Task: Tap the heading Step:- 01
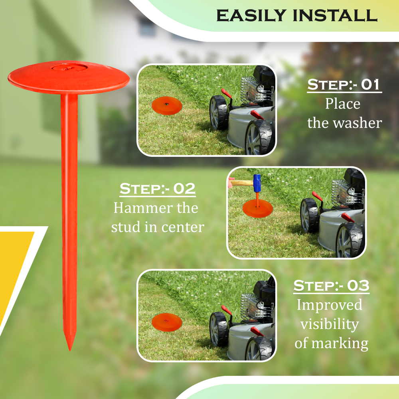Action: click(344, 85)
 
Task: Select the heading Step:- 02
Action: click(158, 189)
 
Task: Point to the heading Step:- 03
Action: click(331, 286)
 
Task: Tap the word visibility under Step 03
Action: click(330, 324)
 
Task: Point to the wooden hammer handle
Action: click(241, 183)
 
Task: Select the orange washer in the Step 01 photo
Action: click(167, 106)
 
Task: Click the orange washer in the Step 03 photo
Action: click(167, 322)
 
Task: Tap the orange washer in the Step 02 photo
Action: click(257, 208)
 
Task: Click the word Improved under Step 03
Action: click(330, 305)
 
